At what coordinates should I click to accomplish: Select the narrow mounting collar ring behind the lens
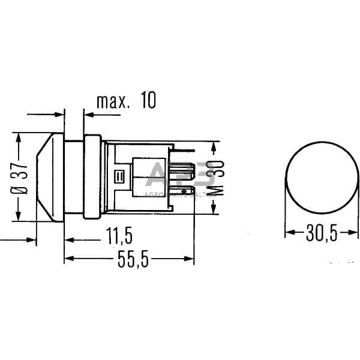point(92,176)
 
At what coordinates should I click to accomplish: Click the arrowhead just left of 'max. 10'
point(88,113)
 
